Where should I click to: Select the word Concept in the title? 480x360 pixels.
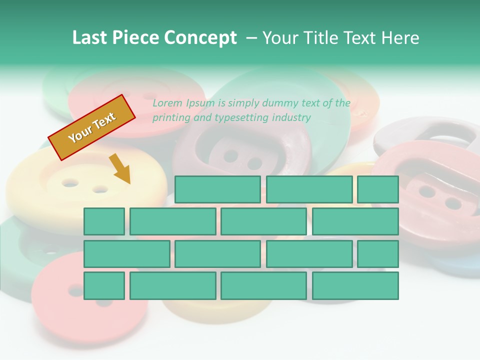click(200, 38)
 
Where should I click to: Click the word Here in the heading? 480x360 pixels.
click(400, 38)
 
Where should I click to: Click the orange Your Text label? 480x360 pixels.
click(92, 127)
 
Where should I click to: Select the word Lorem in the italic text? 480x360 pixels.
click(167, 103)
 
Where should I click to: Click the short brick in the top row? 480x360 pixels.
click(377, 189)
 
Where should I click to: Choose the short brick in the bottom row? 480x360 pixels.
click(104, 285)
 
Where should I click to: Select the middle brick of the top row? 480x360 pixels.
click(309, 189)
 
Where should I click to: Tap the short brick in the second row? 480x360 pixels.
click(104, 221)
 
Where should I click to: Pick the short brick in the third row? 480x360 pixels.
click(377, 253)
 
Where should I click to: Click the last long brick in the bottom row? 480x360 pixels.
click(355, 285)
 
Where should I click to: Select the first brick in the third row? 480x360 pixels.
click(126, 253)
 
